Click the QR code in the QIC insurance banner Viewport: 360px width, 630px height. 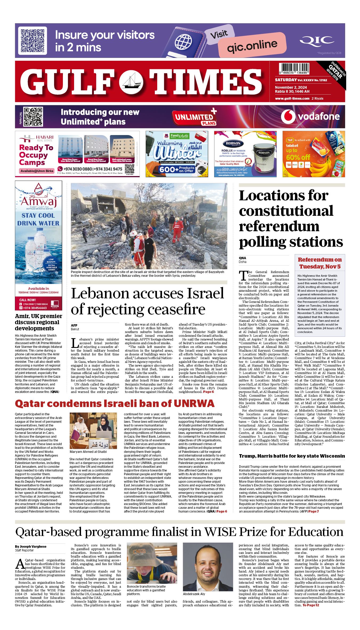coord(33,40)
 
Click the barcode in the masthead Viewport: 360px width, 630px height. coord(294,68)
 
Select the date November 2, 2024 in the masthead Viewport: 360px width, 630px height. coord(291,87)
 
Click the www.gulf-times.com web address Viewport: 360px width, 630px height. coord(292,99)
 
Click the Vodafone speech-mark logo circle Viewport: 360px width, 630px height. coord(288,116)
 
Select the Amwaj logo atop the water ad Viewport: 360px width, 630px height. coord(39,196)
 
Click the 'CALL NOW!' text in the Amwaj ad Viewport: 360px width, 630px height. coord(27,300)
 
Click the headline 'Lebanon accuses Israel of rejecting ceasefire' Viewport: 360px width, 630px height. coord(147,301)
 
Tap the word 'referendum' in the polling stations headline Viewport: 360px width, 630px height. coord(279,226)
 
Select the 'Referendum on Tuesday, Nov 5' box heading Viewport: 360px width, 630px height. coord(319,263)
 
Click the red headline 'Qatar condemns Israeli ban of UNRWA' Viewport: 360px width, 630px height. coord(115,404)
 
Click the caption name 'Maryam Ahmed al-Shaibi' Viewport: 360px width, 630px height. coord(88,452)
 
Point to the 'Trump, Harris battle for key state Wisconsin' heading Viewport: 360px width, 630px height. coord(292,456)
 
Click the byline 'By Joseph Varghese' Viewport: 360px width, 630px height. coord(31,546)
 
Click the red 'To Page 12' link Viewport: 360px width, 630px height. coord(311,605)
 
